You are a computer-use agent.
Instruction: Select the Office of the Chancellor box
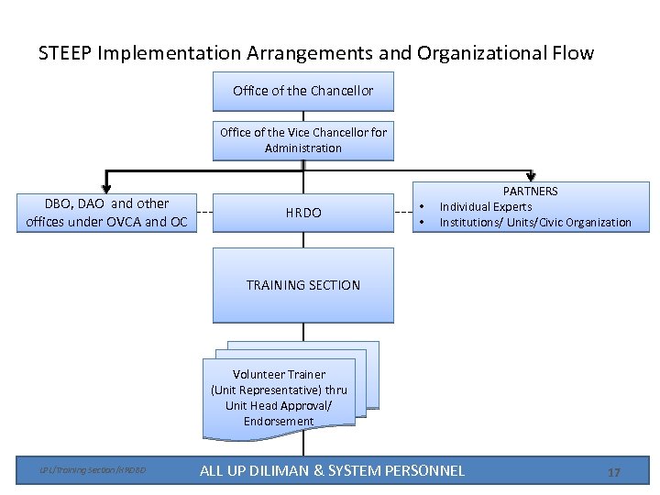tap(302, 91)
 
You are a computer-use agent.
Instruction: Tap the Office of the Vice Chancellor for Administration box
tap(302, 140)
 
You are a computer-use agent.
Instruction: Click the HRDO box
tap(302, 213)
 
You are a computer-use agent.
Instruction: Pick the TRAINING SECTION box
tap(302, 285)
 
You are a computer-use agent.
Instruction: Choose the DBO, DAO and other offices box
tap(107, 213)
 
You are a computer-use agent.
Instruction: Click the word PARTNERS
tap(531, 192)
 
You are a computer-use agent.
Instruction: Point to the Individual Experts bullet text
tap(485, 207)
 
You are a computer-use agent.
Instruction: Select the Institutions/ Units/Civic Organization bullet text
tap(534, 223)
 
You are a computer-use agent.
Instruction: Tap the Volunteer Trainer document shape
tap(279, 398)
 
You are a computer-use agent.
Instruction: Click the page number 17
tap(613, 472)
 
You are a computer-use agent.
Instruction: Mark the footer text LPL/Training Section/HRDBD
tap(92, 471)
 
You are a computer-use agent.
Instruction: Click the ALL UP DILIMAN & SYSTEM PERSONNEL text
tap(332, 471)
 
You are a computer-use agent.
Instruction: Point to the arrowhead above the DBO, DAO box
tap(106, 189)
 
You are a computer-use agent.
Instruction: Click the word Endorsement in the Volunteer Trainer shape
tap(279, 422)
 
